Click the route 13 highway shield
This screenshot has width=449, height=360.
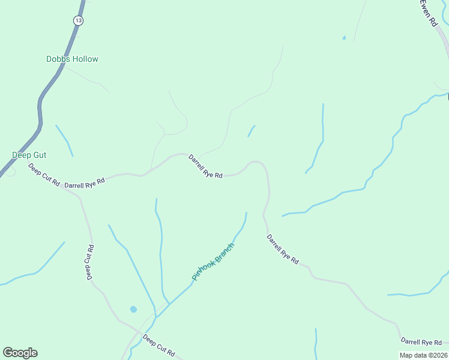coord(78,20)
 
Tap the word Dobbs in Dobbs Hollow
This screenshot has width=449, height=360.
coord(58,59)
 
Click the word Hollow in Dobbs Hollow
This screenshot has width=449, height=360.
coord(85,59)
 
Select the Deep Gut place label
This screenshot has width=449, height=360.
coord(29,155)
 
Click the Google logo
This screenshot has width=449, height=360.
coord(20,353)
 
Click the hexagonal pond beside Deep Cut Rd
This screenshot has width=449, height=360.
coord(133,310)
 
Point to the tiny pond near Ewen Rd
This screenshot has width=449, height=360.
coord(344,38)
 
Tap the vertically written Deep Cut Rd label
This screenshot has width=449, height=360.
coord(89,262)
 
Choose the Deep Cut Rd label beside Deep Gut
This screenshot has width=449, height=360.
coord(44,175)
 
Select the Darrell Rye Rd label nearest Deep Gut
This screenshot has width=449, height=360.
coord(85,182)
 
